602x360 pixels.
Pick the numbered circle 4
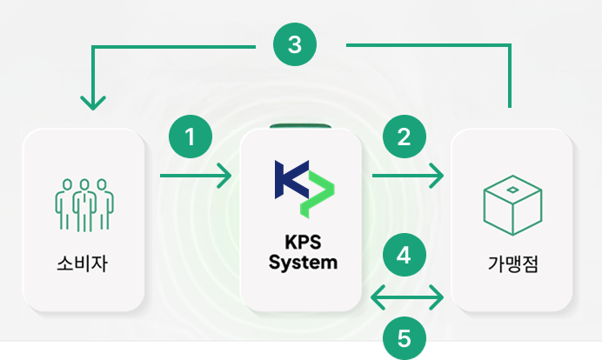[x=404, y=256]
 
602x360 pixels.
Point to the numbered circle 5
[x=404, y=337]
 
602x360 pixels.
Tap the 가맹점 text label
[x=512, y=262]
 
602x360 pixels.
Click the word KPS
[x=303, y=243]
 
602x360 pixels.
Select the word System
[x=303, y=261]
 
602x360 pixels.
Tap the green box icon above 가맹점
[x=512, y=205]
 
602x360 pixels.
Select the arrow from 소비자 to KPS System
[x=196, y=177]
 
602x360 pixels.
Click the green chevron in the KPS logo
[x=318, y=195]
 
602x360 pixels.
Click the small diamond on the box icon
[x=512, y=190]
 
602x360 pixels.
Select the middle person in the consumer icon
[x=84, y=204]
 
